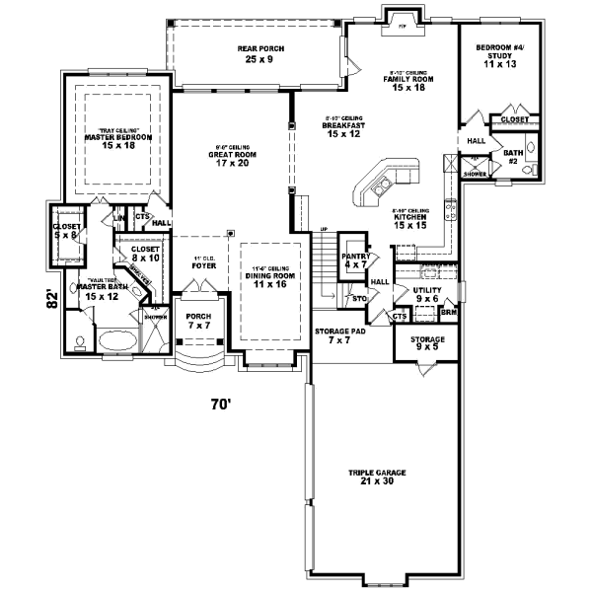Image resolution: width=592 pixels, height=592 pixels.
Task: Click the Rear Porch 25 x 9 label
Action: [x=255, y=53]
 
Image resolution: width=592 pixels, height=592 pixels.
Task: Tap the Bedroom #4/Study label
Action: [x=501, y=56]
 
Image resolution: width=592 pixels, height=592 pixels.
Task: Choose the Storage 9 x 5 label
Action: [x=427, y=343]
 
